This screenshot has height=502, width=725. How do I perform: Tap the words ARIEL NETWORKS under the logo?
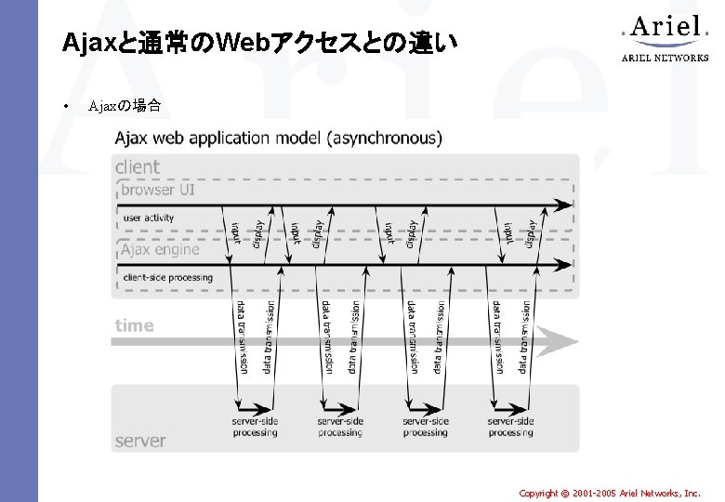[664, 58]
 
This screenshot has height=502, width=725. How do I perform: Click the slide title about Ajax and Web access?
[259, 43]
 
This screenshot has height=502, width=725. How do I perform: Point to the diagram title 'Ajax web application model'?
[279, 139]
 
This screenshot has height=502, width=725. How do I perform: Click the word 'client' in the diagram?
[138, 167]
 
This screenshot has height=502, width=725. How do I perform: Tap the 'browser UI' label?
[157, 190]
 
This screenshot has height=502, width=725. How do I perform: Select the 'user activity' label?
[149, 218]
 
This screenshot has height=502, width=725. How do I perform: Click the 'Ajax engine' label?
[159, 249]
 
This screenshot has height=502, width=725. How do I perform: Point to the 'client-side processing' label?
[167, 277]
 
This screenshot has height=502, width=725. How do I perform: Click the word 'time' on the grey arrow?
[134, 325]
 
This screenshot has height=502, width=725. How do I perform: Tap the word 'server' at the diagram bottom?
[140, 441]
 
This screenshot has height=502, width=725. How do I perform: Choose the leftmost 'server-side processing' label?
[255, 427]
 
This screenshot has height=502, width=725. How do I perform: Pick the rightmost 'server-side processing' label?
[510, 427]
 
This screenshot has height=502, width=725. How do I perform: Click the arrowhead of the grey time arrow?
[563, 341]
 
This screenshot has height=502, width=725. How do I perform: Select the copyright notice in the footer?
[610, 493]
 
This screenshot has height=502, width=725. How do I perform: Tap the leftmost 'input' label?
[236, 232]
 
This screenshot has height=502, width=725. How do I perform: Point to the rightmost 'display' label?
[532, 232]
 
